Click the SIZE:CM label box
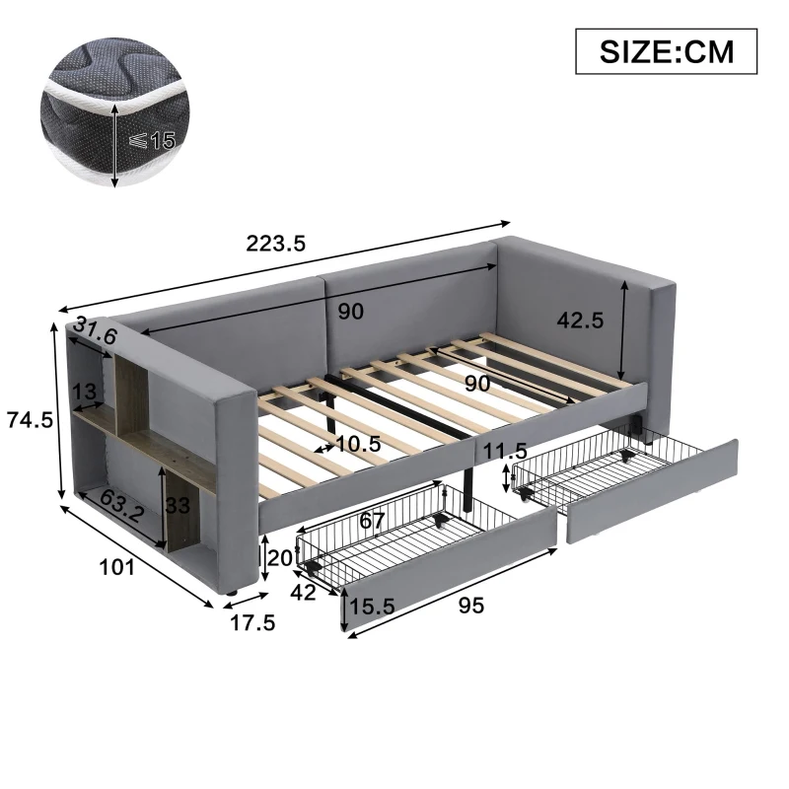(x=666, y=51)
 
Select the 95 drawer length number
(x=471, y=606)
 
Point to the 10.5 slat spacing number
(x=356, y=445)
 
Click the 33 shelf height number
(x=178, y=509)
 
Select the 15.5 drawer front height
(x=375, y=607)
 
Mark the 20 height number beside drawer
(x=281, y=557)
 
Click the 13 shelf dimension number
(x=84, y=392)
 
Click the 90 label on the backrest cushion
(x=350, y=312)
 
